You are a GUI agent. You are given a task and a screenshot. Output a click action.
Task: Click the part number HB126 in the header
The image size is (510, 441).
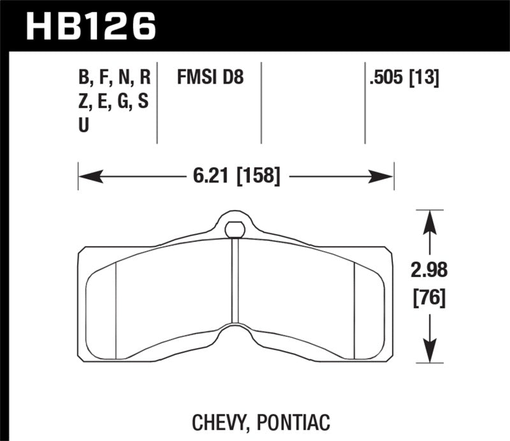click(x=90, y=26)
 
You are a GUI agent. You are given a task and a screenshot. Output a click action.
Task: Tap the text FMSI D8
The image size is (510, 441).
click(x=210, y=78)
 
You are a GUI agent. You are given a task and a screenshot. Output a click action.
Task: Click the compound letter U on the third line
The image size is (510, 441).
click(x=84, y=126)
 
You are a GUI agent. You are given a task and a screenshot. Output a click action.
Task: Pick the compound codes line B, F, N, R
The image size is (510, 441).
click(x=114, y=78)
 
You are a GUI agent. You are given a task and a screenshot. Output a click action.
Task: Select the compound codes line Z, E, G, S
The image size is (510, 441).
click(x=114, y=102)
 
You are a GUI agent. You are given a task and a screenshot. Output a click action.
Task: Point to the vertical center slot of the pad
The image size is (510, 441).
click(x=235, y=281)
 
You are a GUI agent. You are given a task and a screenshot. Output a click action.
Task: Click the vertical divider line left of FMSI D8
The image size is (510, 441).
click(x=157, y=102)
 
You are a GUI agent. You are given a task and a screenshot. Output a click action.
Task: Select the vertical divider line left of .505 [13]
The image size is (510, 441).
click(x=365, y=102)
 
